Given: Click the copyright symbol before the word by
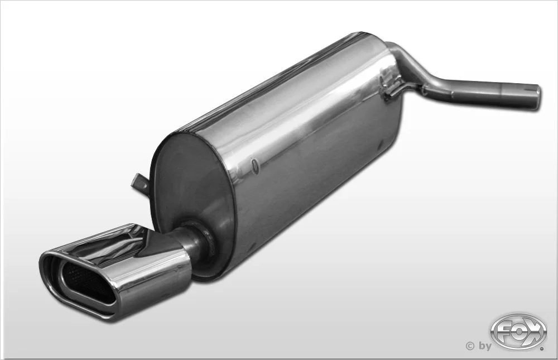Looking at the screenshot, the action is pyautogui.click(x=470, y=345).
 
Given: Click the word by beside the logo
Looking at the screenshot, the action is pyautogui.click(x=484, y=346).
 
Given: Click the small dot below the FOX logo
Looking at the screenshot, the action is pyautogui.click(x=542, y=349).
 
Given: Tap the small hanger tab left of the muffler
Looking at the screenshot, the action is pyautogui.click(x=140, y=183).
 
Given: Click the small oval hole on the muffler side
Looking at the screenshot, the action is pyautogui.click(x=254, y=166).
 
